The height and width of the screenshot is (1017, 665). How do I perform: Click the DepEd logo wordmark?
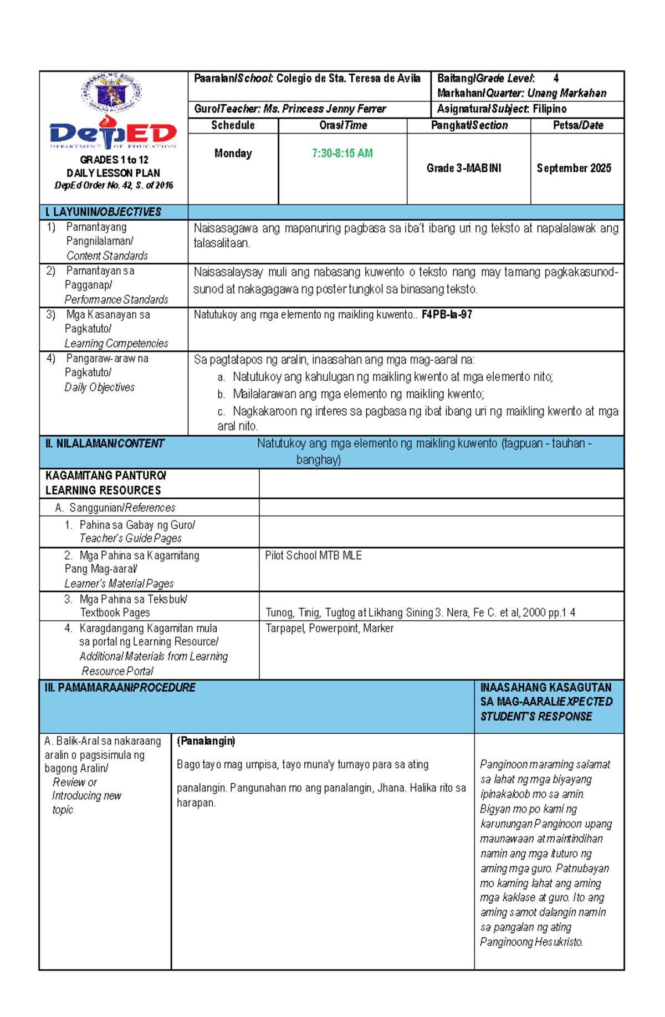pos(113,134)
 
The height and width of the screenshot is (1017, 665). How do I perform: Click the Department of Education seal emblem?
pos(111,93)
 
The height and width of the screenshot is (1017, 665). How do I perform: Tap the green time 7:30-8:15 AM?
pos(342,153)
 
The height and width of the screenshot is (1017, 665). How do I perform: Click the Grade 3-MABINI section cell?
pos(463,168)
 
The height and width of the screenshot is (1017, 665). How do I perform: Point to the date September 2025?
pos(574,168)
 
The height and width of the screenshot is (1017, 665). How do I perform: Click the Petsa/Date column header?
pos(577,125)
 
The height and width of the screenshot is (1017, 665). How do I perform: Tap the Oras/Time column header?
pos(342,125)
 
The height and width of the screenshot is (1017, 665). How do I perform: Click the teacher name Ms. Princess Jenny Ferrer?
pos(325,109)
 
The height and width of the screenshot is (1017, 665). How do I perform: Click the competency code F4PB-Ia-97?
pos(447,315)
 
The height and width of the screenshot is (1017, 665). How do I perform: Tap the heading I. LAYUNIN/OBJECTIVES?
pos(103,212)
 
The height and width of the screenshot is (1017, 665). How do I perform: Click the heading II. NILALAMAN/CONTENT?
pos(105,443)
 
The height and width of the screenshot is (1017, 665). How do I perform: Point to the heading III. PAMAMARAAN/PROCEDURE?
pos(120,687)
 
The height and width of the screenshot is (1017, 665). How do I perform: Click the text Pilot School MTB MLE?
pos(313,555)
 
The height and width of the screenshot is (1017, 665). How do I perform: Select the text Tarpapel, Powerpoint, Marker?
pos(329,628)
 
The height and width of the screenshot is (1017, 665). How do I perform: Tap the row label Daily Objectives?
pos(99,387)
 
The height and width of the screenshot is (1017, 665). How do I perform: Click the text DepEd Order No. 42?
pos(93,185)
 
